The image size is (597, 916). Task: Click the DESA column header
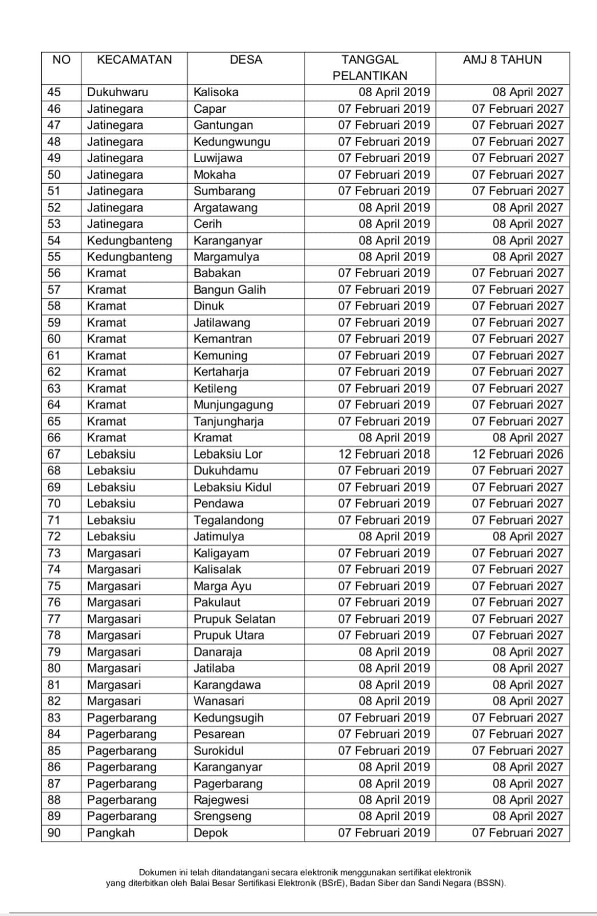click(246, 60)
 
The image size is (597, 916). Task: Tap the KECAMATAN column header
click(134, 60)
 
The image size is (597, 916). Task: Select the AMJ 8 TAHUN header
click(502, 60)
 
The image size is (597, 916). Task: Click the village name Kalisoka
click(216, 92)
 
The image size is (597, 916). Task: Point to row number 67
click(54, 454)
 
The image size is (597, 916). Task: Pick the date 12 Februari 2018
click(383, 454)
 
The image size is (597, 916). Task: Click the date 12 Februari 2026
click(517, 454)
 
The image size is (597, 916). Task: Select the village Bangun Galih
click(230, 290)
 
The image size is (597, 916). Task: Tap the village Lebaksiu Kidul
click(232, 487)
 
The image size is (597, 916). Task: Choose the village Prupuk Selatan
click(234, 619)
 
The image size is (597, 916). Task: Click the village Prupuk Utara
click(229, 635)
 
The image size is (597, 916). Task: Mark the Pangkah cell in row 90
click(110, 832)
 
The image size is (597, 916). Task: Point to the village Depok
click(211, 832)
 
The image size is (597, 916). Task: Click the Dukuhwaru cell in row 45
click(117, 92)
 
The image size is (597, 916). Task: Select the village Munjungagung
click(233, 405)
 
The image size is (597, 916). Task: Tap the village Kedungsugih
click(228, 717)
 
